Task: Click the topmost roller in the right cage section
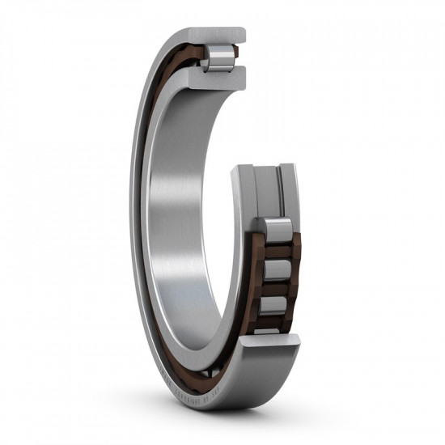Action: tap(276, 231)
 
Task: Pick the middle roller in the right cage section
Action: tap(276, 269)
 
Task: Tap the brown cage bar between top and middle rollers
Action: tap(276, 251)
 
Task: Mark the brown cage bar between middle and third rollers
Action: tap(276, 288)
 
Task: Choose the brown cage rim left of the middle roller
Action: tap(256, 269)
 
